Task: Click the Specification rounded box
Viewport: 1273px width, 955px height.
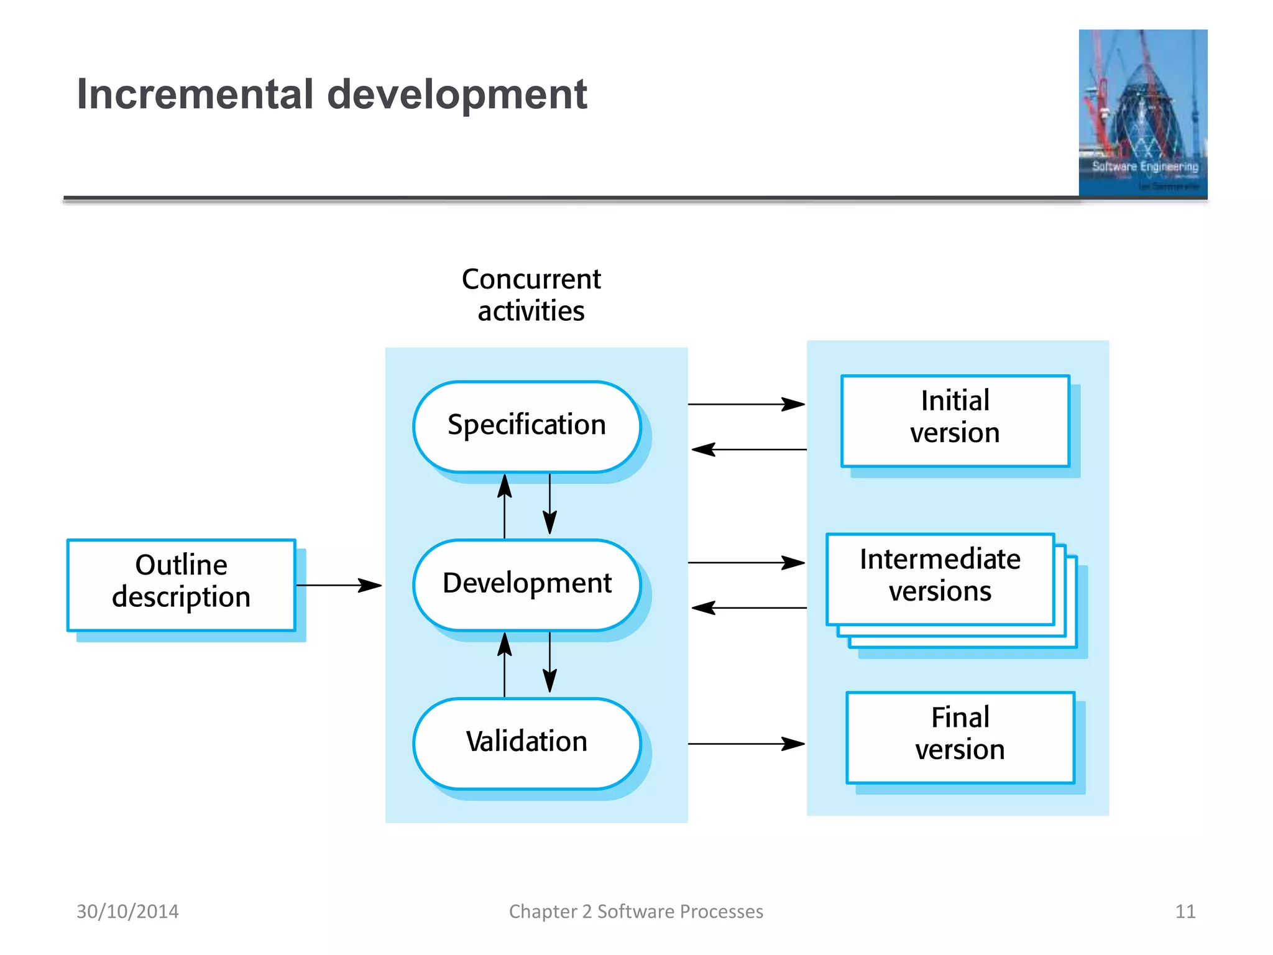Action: click(526, 427)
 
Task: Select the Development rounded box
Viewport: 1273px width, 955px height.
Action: click(526, 584)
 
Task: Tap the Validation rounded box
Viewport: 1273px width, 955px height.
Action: click(526, 743)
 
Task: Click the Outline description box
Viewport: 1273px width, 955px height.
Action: click(181, 584)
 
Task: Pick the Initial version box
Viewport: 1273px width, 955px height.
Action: click(955, 420)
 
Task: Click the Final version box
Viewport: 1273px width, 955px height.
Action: click(960, 737)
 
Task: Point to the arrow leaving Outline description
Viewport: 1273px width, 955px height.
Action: click(339, 585)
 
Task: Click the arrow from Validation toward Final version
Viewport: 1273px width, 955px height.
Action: click(746, 744)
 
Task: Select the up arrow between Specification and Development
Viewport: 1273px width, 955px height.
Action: click(505, 506)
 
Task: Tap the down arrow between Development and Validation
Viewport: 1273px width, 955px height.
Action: click(549, 663)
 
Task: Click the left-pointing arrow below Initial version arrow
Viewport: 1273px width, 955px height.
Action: click(749, 450)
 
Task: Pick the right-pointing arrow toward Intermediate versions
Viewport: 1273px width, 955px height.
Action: click(746, 563)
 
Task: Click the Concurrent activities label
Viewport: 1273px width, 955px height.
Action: click(531, 295)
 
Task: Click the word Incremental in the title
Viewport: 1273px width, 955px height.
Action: click(195, 95)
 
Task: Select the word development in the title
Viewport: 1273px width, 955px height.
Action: click(457, 95)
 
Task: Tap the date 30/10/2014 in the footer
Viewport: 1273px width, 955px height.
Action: click(127, 911)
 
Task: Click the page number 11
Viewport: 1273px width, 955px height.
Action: click(1185, 911)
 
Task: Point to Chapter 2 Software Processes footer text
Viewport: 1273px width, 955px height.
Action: click(636, 911)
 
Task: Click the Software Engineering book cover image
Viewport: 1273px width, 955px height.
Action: click(1142, 113)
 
